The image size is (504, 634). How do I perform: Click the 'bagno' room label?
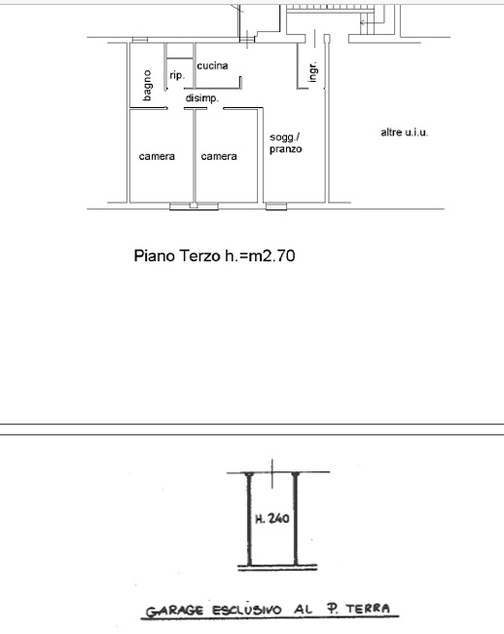pyautogui.click(x=147, y=86)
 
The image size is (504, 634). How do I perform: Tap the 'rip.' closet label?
pyautogui.click(x=177, y=75)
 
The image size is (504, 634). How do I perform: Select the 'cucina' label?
pyautogui.click(x=212, y=65)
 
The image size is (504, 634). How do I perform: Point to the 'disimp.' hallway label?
pyautogui.click(x=202, y=97)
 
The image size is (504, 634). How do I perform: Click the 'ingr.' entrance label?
pyautogui.click(x=312, y=72)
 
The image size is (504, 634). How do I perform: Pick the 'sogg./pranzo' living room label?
pyautogui.click(x=286, y=143)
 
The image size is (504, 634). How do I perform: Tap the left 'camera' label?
pyautogui.click(x=157, y=157)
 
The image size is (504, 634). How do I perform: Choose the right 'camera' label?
pyautogui.click(x=219, y=157)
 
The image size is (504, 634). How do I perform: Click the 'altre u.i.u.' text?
pyautogui.click(x=404, y=132)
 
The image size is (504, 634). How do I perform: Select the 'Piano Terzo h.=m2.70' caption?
pyautogui.click(x=214, y=256)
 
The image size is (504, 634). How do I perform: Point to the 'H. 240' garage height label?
pyautogui.click(x=272, y=518)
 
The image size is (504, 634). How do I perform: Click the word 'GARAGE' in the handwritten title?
pyautogui.click(x=174, y=611)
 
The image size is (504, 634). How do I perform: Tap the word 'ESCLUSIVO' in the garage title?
pyautogui.click(x=247, y=610)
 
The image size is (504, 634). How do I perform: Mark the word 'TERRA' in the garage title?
pyautogui.click(x=368, y=608)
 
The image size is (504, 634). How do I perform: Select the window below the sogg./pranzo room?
pyautogui.click(x=276, y=206)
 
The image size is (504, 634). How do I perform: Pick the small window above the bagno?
pyautogui.click(x=140, y=40)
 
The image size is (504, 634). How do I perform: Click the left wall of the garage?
pyautogui.click(x=249, y=519)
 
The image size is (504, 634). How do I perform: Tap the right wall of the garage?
pyautogui.click(x=296, y=519)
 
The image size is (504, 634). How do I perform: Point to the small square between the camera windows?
pyautogui.click(x=194, y=205)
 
